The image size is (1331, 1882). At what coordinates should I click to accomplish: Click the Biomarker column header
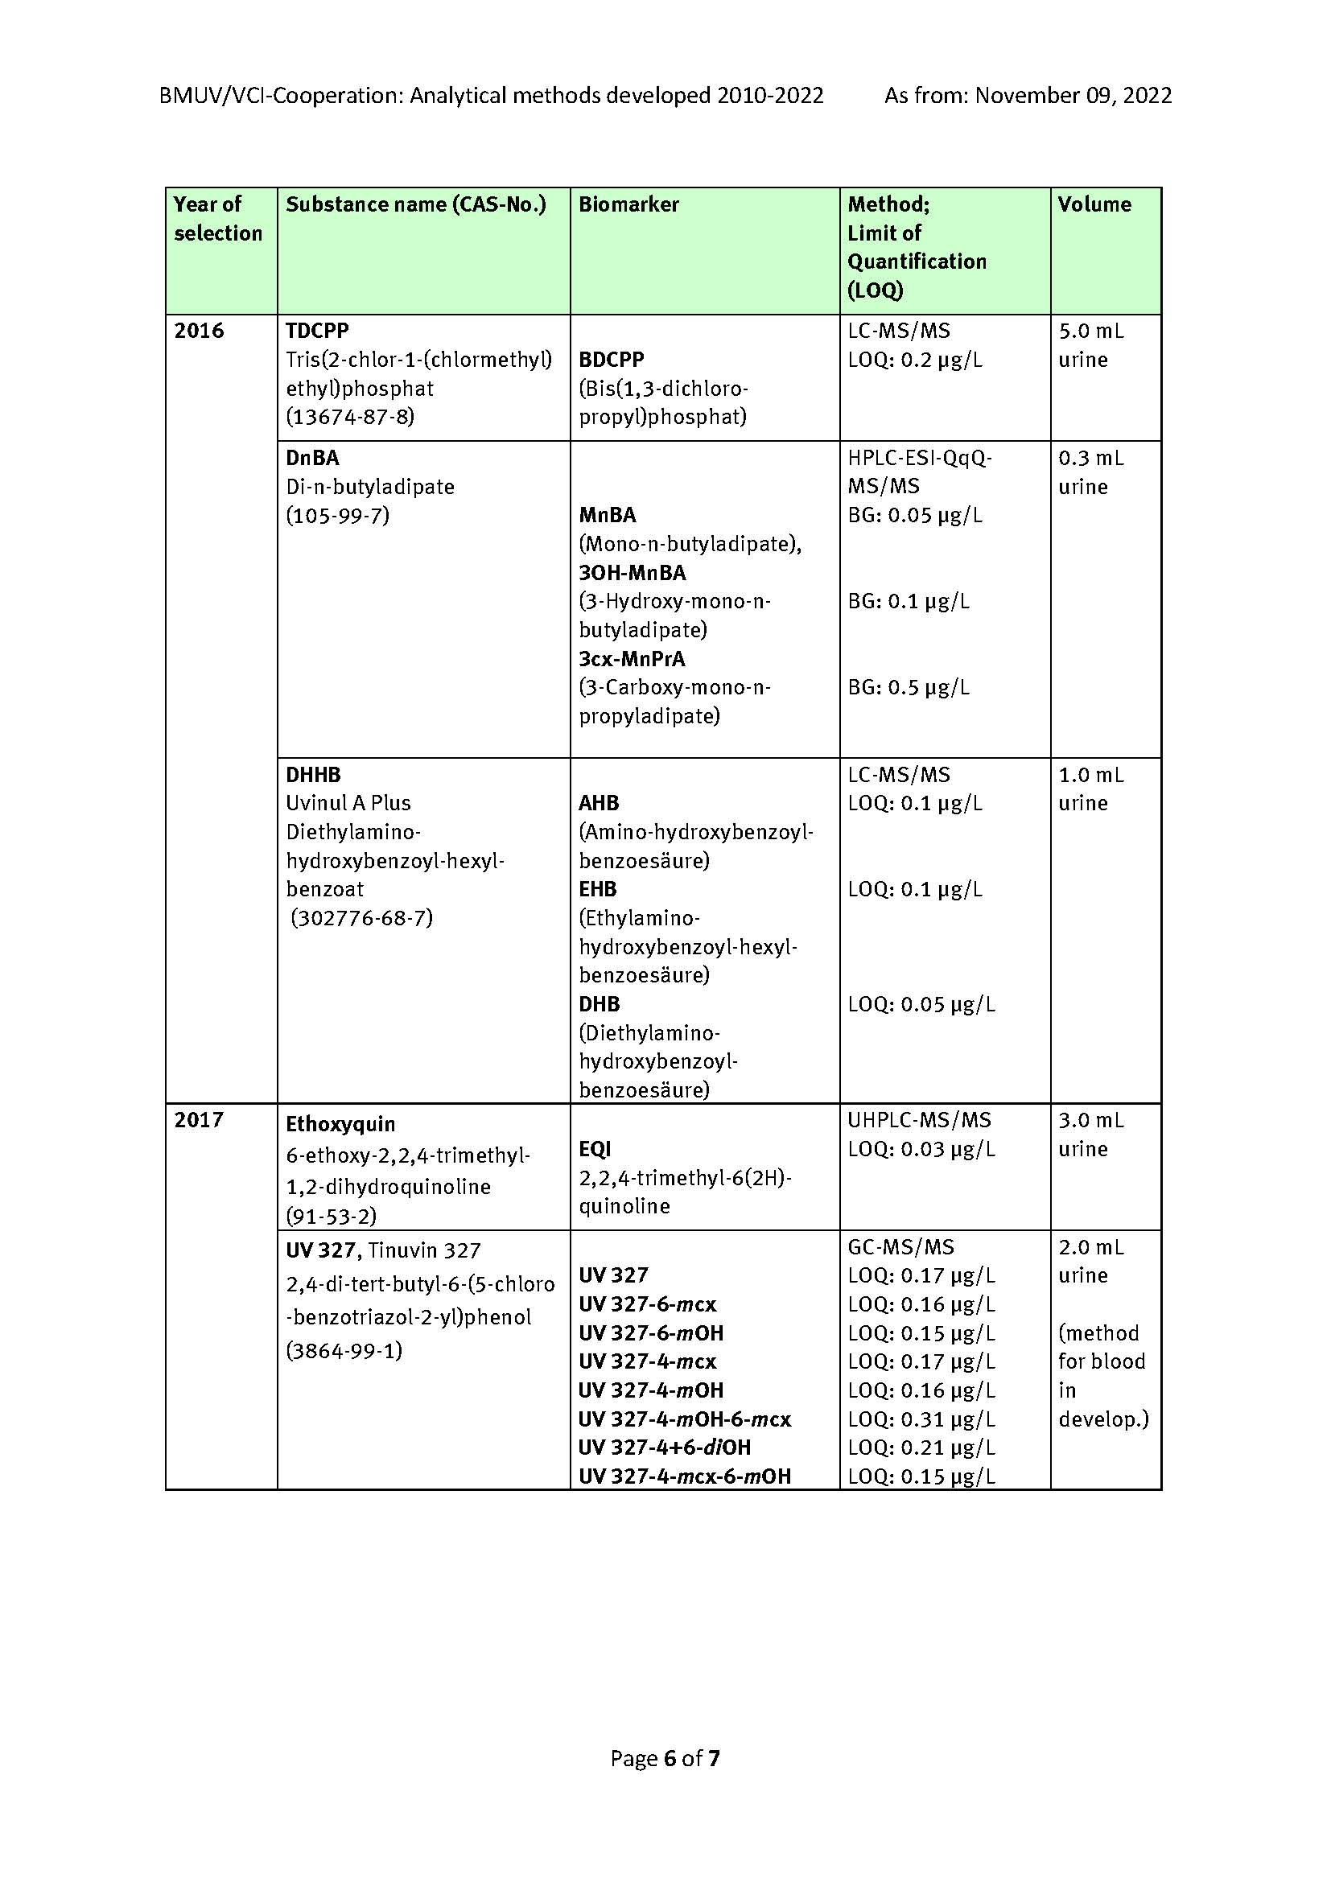pyautogui.click(x=628, y=205)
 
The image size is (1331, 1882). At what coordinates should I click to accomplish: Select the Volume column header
pyautogui.click(x=1094, y=205)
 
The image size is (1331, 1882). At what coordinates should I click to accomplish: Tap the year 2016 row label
pyautogui.click(x=198, y=332)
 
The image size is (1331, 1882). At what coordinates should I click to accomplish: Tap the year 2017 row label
pyautogui.click(x=198, y=1121)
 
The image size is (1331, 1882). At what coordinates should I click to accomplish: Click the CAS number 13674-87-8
pyautogui.click(x=350, y=418)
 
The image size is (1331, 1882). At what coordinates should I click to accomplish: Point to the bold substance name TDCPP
pyautogui.click(x=317, y=332)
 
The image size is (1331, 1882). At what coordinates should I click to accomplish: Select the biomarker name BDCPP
pyautogui.click(x=612, y=360)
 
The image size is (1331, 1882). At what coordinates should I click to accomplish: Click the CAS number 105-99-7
pyautogui.click(x=338, y=516)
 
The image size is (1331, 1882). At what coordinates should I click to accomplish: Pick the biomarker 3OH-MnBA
pyautogui.click(x=632, y=573)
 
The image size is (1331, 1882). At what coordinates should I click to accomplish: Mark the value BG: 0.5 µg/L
pyautogui.click(x=908, y=688)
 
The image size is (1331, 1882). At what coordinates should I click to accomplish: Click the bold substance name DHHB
pyautogui.click(x=313, y=775)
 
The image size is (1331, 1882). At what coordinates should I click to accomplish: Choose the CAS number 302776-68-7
pyautogui.click(x=361, y=918)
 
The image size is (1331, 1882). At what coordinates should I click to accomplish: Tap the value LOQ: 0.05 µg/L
pyautogui.click(x=921, y=1005)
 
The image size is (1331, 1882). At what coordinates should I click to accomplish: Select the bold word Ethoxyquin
pyautogui.click(x=340, y=1125)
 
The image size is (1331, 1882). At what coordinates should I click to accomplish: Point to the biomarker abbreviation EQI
pyautogui.click(x=595, y=1149)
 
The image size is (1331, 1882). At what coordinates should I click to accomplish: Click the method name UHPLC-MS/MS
pyautogui.click(x=919, y=1121)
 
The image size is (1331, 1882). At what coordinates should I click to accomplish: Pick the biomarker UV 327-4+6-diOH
pyautogui.click(x=665, y=1448)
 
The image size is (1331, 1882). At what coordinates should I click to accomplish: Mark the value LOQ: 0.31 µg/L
pyautogui.click(x=921, y=1419)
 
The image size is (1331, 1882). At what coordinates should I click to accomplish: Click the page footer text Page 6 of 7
pyautogui.click(x=665, y=1758)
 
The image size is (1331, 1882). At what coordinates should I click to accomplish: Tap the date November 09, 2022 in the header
pyautogui.click(x=1073, y=96)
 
